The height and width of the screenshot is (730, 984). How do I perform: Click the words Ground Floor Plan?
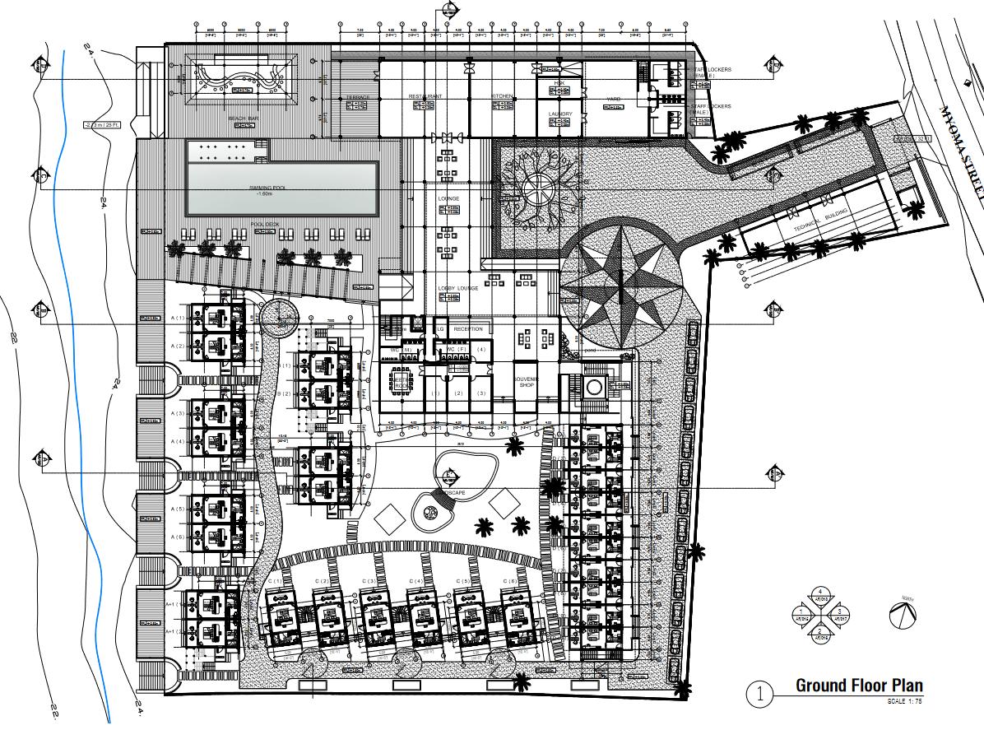pyautogui.click(x=859, y=686)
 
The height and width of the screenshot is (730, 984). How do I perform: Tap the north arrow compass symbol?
pyautogui.click(x=903, y=614)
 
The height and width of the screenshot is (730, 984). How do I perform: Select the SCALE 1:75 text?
pyautogui.click(x=904, y=701)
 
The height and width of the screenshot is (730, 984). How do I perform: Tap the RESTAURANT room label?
pyautogui.click(x=425, y=96)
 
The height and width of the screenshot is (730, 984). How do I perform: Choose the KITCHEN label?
pyautogui.click(x=503, y=96)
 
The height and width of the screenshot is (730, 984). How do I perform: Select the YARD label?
pyautogui.click(x=613, y=99)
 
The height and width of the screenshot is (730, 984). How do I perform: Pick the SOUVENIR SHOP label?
pyautogui.click(x=526, y=382)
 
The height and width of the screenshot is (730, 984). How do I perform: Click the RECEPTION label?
pyautogui.click(x=468, y=329)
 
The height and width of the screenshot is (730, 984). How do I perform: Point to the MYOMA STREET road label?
pyautogui.click(x=960, y=148)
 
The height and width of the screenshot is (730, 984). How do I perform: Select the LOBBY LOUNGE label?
pyautogui.click(x=458, y=287)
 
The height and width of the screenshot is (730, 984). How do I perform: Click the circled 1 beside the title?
pyautogui.click(x=759, y=694)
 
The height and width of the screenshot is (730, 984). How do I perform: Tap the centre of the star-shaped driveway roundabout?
pyautogui.click(x=623, y=284)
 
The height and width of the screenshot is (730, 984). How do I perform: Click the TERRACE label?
pyautogui.click(x=358, y=97)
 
